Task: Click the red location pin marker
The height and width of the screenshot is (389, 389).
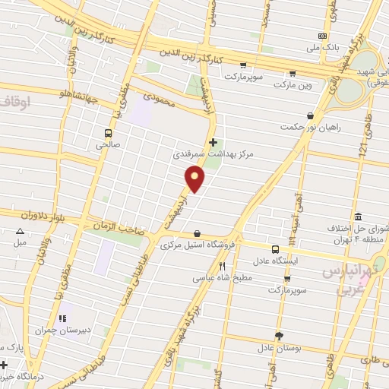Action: tap(195, 178)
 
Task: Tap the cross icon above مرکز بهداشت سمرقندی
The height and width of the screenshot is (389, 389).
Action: tap(213, 141)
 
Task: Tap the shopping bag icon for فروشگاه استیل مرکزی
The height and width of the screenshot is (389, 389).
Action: tap(198, 233)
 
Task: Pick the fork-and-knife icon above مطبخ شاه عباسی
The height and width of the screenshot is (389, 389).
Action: tap(222, 266)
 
